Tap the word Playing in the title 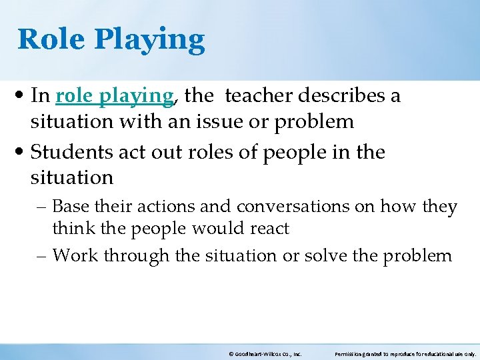coord(149,41)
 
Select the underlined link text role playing coord(114,97)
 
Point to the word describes coord(345,96)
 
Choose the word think coord(73,229)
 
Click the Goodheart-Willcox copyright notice coord(265,354)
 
